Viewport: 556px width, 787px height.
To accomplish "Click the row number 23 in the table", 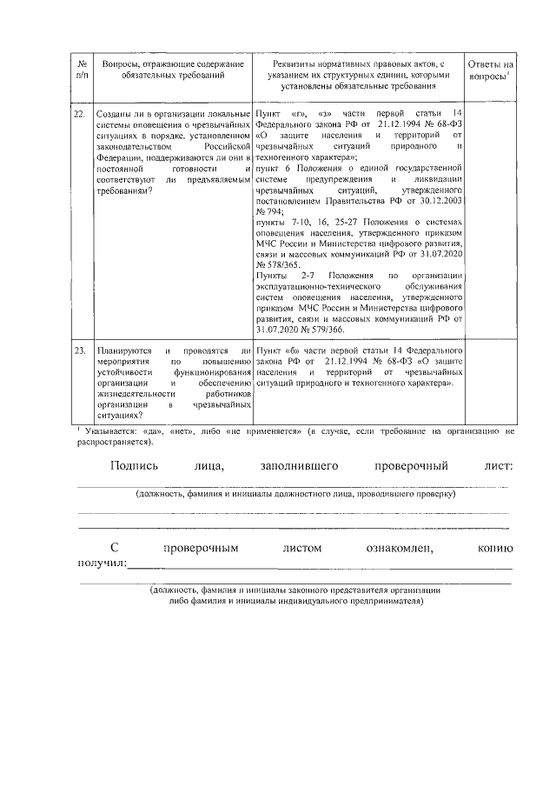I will pyautogui.click(x=80, y=350).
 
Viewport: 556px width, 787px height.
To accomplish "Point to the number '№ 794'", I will pyautogui.click(x=268, y=211).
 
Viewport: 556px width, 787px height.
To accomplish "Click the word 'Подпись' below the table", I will pyautogui.click(x=135, y=467).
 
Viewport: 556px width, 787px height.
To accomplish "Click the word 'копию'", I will pyautogui.click(x=494, y=549).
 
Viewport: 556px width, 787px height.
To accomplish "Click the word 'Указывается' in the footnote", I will pyautogui.click(x=110, y=430).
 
